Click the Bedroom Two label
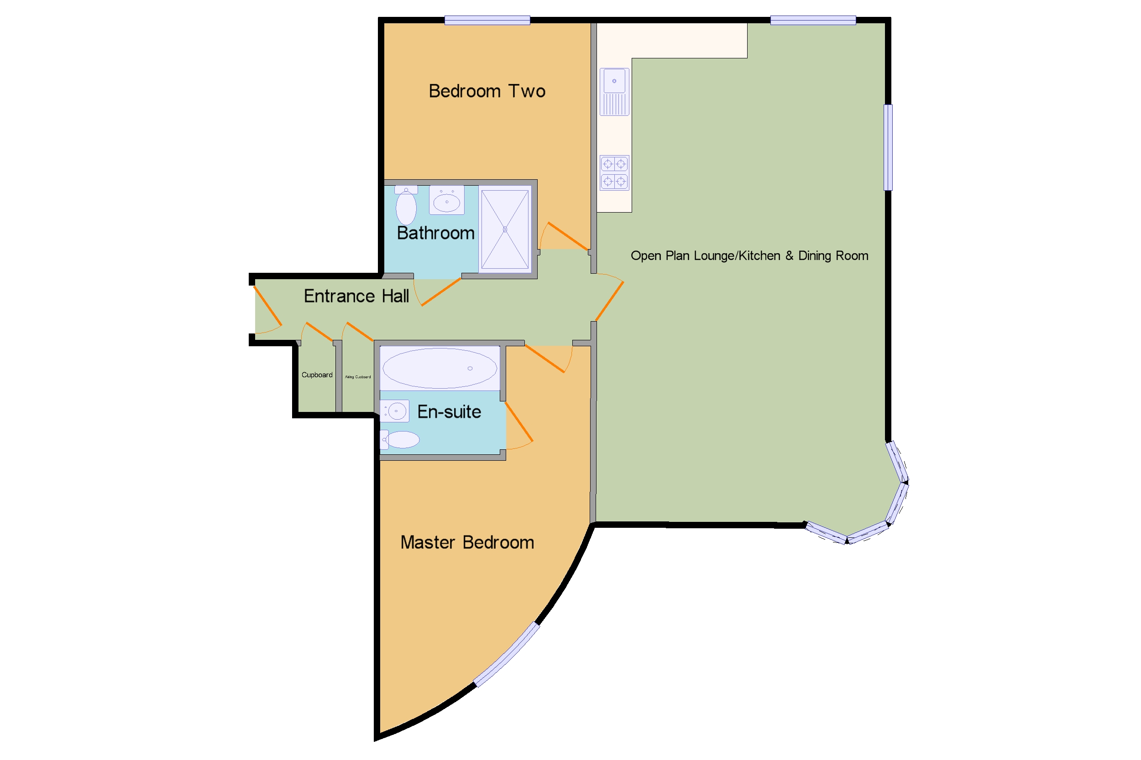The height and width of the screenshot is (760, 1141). coord(487,91)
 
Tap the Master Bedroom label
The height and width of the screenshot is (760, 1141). coord(467,542)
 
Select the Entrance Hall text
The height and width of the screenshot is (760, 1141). coord(356,296)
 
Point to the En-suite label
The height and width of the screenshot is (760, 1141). coord(449,412)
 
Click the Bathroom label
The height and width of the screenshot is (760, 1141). coord(435,233)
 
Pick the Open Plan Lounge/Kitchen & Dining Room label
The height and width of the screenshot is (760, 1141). coord(749,256)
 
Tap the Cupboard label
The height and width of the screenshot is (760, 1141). coord(317,375)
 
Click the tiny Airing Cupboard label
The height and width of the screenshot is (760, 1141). coord(357,377)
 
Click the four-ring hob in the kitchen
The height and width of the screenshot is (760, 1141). coord(614,172)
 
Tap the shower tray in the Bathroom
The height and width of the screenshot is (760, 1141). coord(505,229)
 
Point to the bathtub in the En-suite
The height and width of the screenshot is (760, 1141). coord(440,369)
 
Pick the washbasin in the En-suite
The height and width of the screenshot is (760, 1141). coord(395,411)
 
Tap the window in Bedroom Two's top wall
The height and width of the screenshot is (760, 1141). coord(487,21)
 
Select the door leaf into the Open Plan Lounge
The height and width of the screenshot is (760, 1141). coord(609,302)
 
